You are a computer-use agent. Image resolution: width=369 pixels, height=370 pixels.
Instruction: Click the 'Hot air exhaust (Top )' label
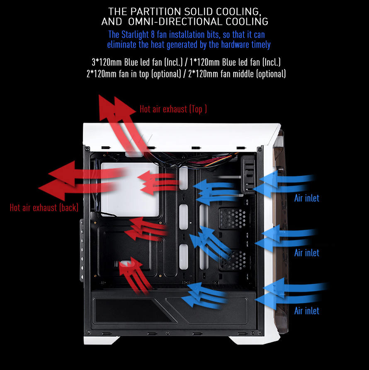tap(173, 109)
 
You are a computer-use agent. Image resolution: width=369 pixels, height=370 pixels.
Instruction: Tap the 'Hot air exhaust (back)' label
tap(44, 208)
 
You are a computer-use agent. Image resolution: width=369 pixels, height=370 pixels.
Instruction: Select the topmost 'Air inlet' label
tap(307, 198)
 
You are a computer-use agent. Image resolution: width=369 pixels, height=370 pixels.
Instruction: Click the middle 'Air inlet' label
tap(307, 253)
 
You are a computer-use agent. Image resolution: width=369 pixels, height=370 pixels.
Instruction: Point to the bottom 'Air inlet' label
tap(307, 311)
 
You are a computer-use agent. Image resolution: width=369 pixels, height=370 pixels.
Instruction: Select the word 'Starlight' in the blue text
tap(135, 35)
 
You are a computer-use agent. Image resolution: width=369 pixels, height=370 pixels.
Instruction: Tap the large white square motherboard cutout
tap(130, 189)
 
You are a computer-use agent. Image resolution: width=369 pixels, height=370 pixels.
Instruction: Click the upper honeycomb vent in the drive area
tap(233, 218)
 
